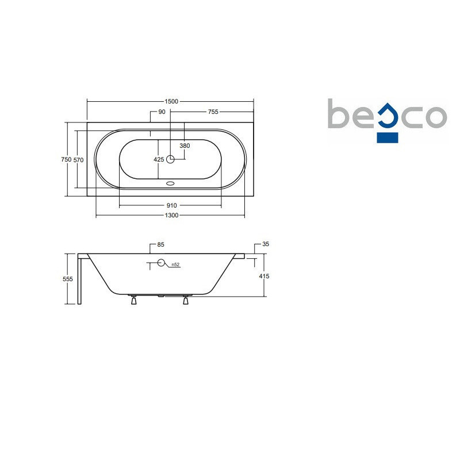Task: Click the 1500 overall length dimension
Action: point(171,101)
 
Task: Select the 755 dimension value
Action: point(213,112)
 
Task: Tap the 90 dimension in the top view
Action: point(162,112)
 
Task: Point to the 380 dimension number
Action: point(185,145)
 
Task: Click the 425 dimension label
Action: point(159,159)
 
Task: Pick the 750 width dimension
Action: point(66,159)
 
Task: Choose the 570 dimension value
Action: point(78,160)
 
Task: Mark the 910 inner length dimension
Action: point(171,205)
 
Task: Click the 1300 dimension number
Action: point(171,215)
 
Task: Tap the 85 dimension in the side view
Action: point(161,245)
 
